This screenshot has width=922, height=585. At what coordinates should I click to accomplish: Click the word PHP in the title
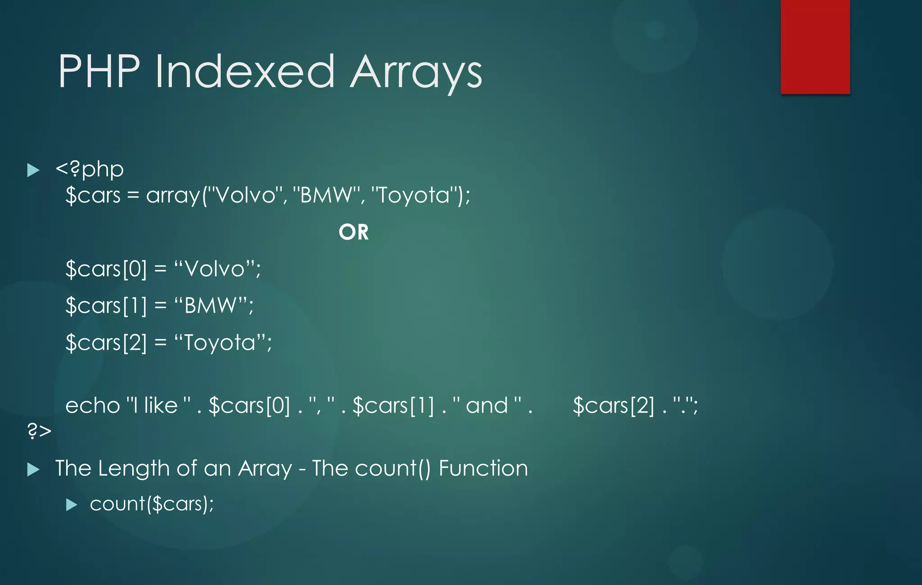pyautogui.click(x=99, y=71)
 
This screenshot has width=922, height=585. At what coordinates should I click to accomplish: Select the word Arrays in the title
pyautogui.click(x=416, y=72)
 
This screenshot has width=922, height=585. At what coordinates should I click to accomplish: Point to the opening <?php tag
pyautogui.click(x=90, y=169)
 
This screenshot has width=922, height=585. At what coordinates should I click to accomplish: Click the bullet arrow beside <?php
pyautogui.click(x=33, y=170)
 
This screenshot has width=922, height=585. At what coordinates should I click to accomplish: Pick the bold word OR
pyautogui.click(x=353, y=232)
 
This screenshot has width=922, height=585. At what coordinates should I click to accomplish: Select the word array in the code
pyautogui.click(x=173, y=196)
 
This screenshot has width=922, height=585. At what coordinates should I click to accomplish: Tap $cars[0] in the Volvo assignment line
pyautogui.click(x=106, y=269)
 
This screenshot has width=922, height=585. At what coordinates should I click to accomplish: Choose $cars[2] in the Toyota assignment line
pyautogui.click(x=106, y=342)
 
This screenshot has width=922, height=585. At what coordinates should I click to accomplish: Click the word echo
pyautogui.click(x=92, y=405)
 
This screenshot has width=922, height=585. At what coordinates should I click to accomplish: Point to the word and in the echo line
pyautogui.click(x=487, y=405)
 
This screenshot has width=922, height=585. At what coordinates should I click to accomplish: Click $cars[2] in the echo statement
pyautogui.click(x=614, y=405)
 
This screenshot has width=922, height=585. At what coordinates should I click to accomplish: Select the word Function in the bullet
pyautogui.click(x=483, y=468)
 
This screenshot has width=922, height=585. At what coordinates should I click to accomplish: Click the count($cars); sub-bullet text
pyautogui.click(x=152, y=504)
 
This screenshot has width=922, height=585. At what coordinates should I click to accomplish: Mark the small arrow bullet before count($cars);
pyautogui.click(x=72, y=504)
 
